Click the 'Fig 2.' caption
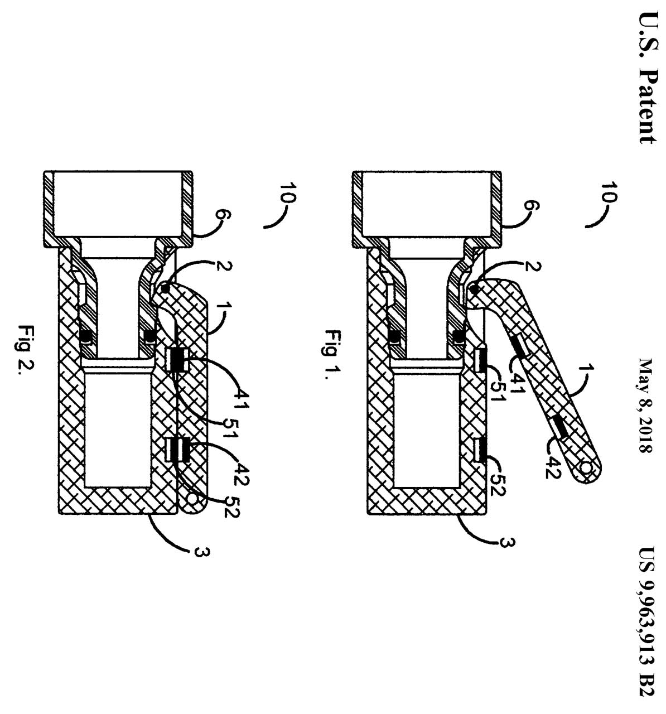click(x=26, y=350)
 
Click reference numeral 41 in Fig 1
click(x=517, y=383)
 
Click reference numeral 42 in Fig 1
click(x=553, y=467)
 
